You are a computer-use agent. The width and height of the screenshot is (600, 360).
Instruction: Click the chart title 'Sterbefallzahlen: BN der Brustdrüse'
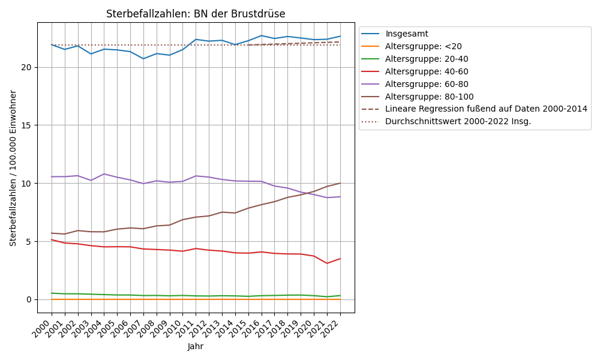point(196,14)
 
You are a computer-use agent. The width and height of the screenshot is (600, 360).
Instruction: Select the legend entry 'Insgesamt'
point(406,34)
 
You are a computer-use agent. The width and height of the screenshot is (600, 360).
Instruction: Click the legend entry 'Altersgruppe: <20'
point(424,46)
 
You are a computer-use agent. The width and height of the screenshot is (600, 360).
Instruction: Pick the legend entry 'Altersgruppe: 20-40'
point(427,59)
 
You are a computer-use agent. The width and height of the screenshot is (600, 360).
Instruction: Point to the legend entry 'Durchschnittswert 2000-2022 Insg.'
point(458,121)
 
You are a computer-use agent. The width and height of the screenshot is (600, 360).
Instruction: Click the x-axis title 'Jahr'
point(196,346)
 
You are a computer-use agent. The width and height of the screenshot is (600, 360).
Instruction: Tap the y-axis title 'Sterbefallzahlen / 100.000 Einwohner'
point(13,168)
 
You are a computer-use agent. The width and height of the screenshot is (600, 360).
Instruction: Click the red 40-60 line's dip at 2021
point(327,263)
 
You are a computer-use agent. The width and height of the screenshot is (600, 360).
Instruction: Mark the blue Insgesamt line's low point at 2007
point(143,58)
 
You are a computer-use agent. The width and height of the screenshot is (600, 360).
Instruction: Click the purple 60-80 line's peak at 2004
point(104,174)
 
